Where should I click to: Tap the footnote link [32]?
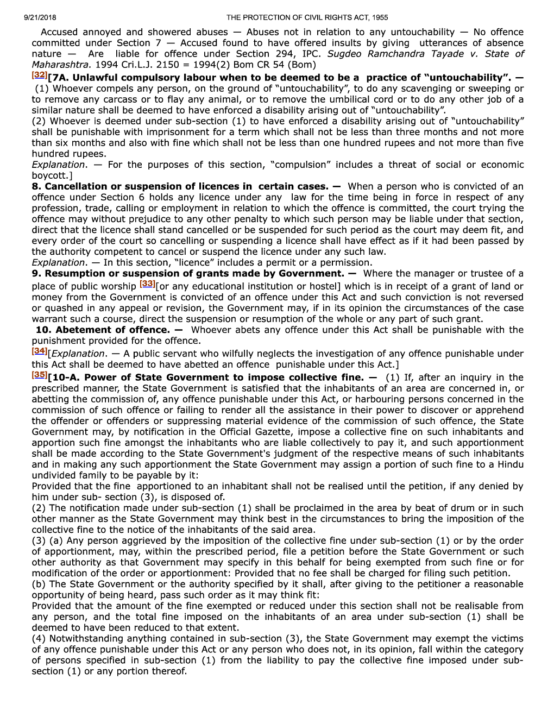[x=39, y=75]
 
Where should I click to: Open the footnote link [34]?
[x=39, y=351]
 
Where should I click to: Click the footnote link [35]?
[x=39, y=375]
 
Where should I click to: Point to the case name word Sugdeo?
[x=344, y=54]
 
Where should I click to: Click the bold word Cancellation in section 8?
[x=76, y=186]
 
